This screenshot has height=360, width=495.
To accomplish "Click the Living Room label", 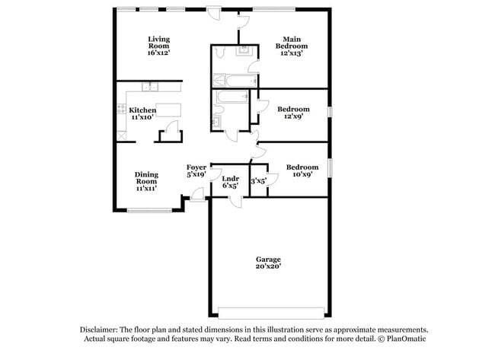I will coord(158,46).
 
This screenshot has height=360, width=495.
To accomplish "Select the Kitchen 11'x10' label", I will coord(142,113).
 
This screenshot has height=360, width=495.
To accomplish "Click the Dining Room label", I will coord(146,181).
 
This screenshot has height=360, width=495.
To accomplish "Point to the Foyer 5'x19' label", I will coord(196,170).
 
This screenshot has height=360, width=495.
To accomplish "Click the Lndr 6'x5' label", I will coord(229,181).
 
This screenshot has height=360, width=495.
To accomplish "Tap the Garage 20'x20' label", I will coord(267,263).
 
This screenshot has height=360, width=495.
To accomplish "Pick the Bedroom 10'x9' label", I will coord(302,170).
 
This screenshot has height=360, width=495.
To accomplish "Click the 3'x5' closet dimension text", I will coord(258,181).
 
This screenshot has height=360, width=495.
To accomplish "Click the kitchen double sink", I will coord(152,87).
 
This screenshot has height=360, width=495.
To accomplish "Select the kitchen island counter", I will coord(168,108).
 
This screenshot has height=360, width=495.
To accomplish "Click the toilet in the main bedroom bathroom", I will coord(221,52).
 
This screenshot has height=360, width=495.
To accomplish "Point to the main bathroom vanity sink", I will coord(244,52).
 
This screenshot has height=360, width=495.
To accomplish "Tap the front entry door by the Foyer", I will coord(197,197).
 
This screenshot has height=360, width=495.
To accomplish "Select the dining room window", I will coord(143,210).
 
